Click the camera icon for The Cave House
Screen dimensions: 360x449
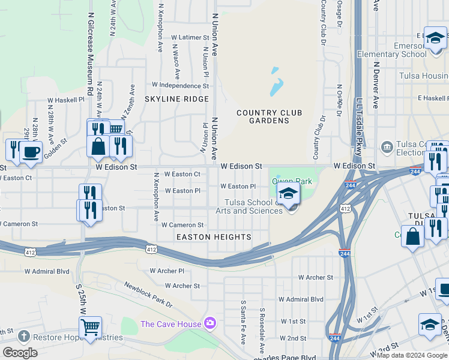tap(209, 323)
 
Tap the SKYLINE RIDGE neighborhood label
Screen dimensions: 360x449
tap(176, 99)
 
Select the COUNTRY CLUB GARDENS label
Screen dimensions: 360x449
tap(269, 116)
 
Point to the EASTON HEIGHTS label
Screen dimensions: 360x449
tap(213, 237)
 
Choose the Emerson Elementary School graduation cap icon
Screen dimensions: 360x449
tap(435, 38)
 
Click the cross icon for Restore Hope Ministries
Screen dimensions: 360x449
tap(23, 337)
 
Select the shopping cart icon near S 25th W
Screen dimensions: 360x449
tap(90, 328)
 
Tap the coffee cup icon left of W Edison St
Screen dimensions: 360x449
tap(31, 152)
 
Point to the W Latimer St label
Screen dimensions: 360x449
tap(190, 37)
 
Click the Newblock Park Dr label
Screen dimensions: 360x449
tap(148, 295)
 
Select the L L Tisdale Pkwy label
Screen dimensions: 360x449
tap(359, 126)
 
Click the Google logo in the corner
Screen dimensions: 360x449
tap(20, 353)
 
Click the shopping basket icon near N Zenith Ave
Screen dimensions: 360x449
tap(115, 128)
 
